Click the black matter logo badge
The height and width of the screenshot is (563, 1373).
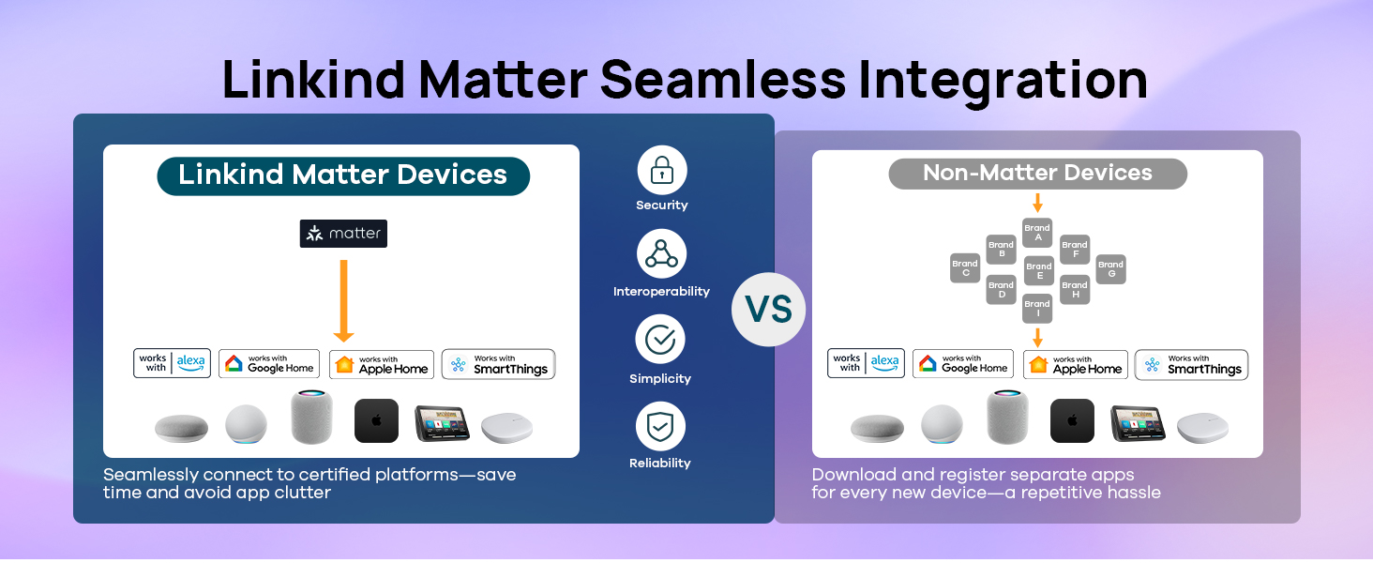(x=343, y=234)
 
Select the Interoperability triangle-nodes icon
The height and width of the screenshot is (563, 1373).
(x=661, y=254)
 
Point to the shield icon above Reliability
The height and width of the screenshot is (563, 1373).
(x=660, y=426)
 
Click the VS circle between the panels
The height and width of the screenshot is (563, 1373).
(x=768, y=310)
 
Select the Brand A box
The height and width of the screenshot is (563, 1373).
(x=1037, y=233)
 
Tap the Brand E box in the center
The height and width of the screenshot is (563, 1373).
(x=1038, y=271)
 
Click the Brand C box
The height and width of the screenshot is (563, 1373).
(x=964, y=268)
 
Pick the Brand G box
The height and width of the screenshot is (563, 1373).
(x=1110, y=269)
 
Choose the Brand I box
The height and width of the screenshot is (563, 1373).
(x=1037, y=309)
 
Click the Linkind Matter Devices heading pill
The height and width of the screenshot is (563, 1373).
(x=342, y=175)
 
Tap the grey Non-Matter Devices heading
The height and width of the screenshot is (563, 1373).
(x=1037, y=174)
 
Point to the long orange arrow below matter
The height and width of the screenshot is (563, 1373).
(x=343, y=301)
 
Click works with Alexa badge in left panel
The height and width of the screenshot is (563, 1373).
(x=172, y=363)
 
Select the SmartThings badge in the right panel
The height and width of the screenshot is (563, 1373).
(x=1191, y=365)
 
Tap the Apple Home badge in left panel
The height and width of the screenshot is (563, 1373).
(x=382, y=365)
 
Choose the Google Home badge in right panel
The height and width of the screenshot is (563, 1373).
(x=963, y=364)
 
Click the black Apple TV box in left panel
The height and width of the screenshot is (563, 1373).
(x=376, y=421)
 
